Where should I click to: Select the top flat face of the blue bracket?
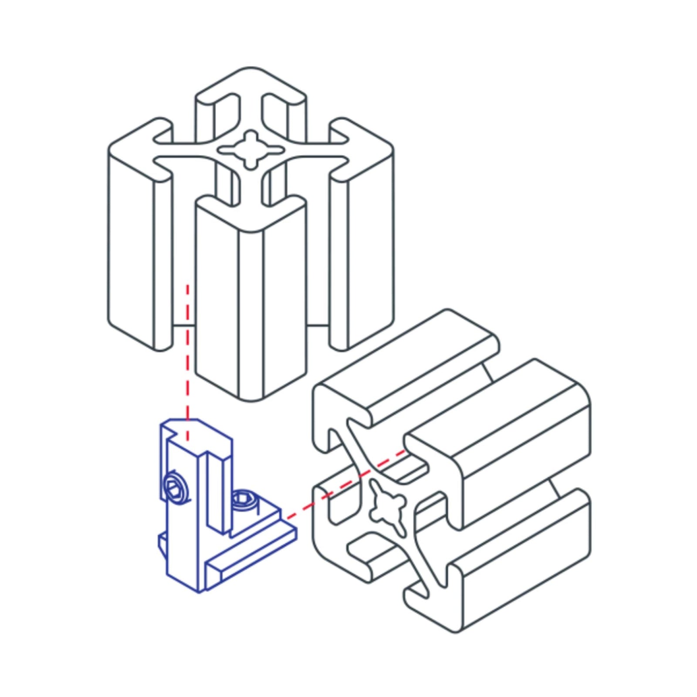pyautogui.click(x=196, y=429)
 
